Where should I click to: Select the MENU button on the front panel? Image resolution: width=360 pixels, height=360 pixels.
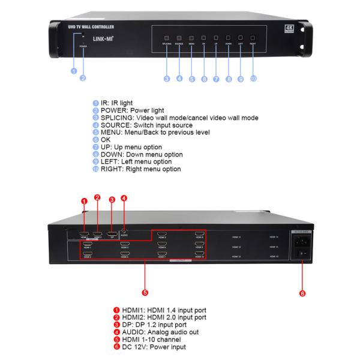[191, 38]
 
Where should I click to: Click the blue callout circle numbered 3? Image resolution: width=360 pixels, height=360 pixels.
[166, 79]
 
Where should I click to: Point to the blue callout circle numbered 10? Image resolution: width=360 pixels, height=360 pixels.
[253, 79]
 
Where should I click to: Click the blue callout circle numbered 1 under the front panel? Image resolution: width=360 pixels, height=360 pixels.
[74, 71]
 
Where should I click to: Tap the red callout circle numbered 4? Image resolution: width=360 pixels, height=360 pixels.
[124, 199]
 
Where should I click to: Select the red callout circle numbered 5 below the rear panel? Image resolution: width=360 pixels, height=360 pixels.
[144, 293]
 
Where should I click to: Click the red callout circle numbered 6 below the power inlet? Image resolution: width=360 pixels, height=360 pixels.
[302, 293]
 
